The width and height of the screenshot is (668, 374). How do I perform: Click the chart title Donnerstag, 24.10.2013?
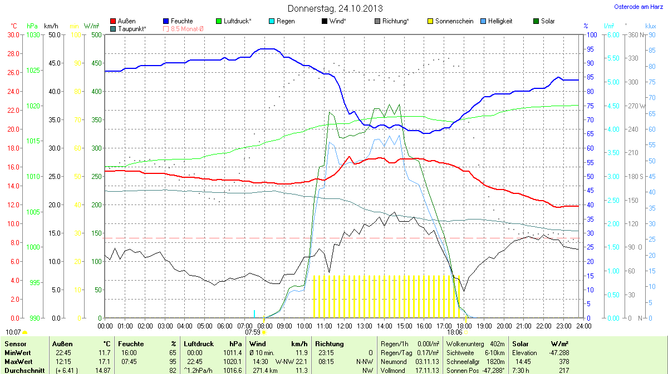(x=335, y=8)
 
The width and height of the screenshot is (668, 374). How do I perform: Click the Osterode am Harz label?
(x=634, y=7)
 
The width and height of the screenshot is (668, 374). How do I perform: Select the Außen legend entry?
(x=126, y=21)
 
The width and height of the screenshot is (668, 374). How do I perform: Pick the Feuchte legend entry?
(x=181, y=21)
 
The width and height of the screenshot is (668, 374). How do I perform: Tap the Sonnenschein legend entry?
(x=453, y=21)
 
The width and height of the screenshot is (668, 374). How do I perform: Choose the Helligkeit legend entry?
(x=500, y=21)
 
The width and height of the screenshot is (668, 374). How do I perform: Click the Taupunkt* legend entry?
(x=132, y=28)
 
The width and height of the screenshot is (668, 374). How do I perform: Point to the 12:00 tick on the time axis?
(x=344, y=326)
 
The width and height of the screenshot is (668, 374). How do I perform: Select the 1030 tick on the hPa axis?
(x=33, y=34)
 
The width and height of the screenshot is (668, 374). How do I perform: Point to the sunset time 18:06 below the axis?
(x=454, y=332)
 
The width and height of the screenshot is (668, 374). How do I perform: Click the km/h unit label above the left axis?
(x=51, y=26)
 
